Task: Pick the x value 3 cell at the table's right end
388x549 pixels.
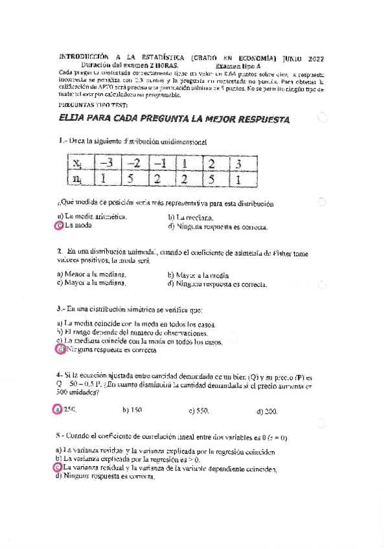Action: coord(238,162)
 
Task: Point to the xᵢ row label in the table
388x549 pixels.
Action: coord(78,162)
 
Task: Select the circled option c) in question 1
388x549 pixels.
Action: coord(59,226)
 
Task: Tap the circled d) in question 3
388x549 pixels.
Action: coord(60,350)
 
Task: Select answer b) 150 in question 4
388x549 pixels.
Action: coord(132,410)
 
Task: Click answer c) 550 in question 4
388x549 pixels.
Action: coord(199,410)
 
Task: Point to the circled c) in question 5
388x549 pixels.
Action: coord(59,467)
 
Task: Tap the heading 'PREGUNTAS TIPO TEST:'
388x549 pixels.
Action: coord(93,104)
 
